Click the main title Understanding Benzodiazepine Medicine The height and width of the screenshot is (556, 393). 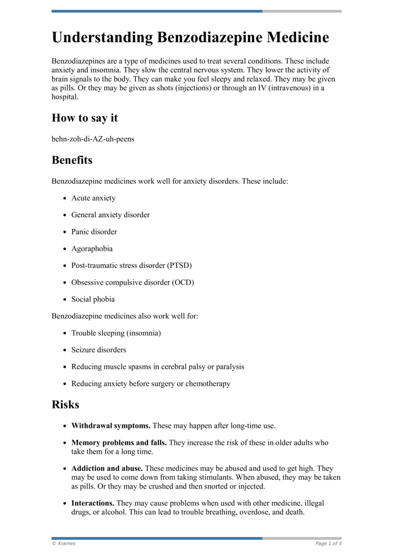pyautogui.click(x=190, y=38)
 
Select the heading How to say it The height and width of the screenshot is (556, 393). pyautogui.click(x=84, y=118)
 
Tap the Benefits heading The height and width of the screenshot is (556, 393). pyautogui.click(x=72, y=160)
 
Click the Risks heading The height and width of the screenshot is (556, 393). pyautogui.click(x=65, y=405)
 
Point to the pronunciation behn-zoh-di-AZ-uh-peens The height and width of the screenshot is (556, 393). pyautogui.click(x=93, y=139)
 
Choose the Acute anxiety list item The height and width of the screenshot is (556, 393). pyautogui.click(x=93, y=198)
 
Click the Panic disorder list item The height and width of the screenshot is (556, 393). pyautogui.click(x=94, y=232)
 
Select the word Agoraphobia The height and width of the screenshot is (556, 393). pyautogui.click(x=92, y=249)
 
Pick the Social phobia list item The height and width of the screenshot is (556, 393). pyautogui.click(x=93, y=299)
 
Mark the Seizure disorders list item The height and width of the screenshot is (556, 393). pyautogui.click(x=99, y=350)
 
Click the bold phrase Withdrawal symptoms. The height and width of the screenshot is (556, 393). pyautogui.click(x=111, y=425)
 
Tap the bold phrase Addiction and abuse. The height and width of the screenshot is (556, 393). pyautogui.click(x=107, y=469)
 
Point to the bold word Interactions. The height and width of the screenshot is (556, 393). pyautogui.click(x=93, y=503)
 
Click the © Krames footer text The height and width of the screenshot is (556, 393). pyautogui.click(x=63, y=543)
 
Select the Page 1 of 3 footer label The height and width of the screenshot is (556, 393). pyautogui.click(x=328, y=543)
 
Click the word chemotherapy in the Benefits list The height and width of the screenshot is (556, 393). pyautogui.click(x=207, y=383)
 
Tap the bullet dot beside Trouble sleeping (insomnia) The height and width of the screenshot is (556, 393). pyautogui.click(x=65, y=333)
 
